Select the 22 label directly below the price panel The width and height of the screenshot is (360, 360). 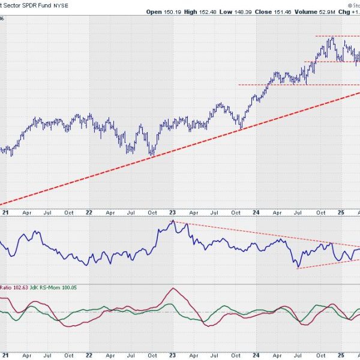(x=89, y=212)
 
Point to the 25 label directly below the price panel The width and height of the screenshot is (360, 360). (x=340, y=212)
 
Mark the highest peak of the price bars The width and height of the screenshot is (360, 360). (x=332, y=38)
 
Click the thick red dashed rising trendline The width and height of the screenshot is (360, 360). (x=180, y=148)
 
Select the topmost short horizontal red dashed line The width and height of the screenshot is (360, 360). (x=336, y=36)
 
